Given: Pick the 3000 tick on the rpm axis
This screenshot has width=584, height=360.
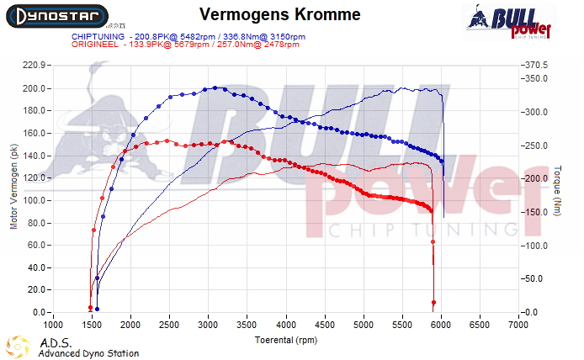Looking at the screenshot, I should (x=208, y=324).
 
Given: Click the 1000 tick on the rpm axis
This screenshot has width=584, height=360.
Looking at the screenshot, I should (x=53, y=324).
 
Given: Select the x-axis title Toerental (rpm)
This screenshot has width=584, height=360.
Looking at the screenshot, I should (x=286, y=339).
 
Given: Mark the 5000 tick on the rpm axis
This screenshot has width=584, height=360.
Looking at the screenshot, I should (x=364, y=324).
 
